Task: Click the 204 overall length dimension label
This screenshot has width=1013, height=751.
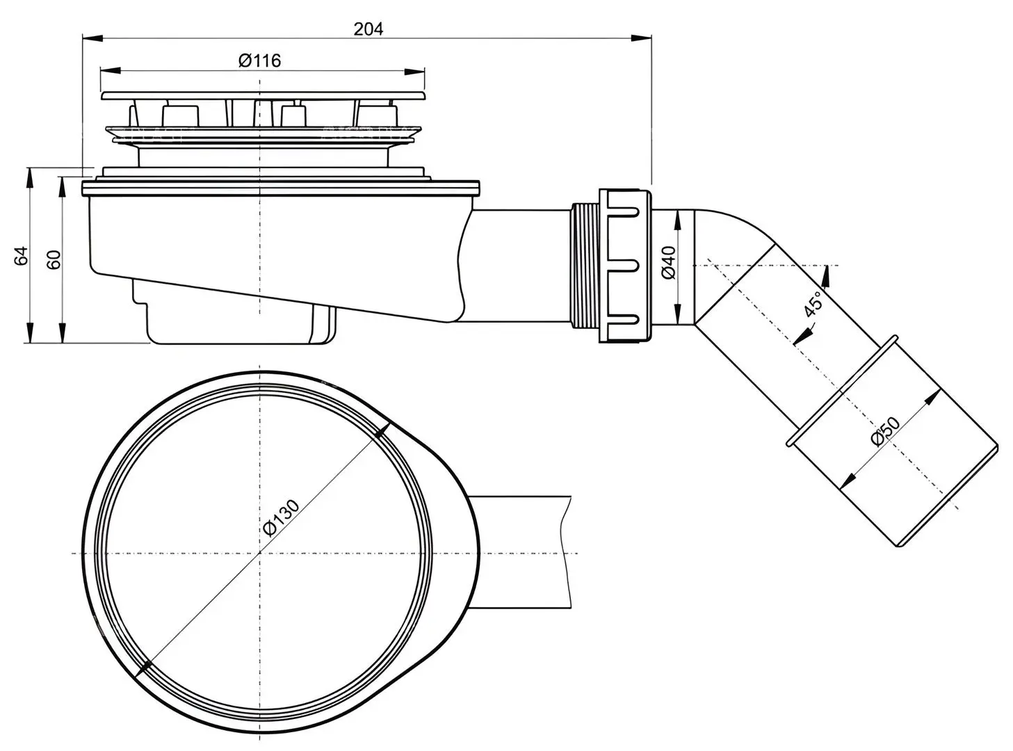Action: coord(368,29)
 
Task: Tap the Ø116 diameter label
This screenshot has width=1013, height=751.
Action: coord(259,60)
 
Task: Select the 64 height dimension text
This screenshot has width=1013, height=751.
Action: coord(21,256)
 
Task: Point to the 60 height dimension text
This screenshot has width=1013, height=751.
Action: coord(54,259)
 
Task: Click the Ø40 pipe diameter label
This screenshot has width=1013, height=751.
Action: coord(668,263)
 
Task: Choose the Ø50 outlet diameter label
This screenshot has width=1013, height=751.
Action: coord(885,431)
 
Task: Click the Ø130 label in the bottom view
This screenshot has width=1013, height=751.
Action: coord(282,517)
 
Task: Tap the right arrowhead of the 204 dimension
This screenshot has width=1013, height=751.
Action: coord(641,38)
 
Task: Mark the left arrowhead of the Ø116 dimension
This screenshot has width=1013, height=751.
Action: coord(111,71)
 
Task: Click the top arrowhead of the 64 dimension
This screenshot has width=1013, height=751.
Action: coord(30,178)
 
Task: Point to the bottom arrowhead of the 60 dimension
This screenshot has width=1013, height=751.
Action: coord(62,332)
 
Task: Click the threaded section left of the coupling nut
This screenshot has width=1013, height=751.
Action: coord(585,266)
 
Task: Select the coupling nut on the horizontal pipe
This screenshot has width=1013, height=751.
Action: coord(625,265)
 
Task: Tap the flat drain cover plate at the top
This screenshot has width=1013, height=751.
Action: coord(264,95)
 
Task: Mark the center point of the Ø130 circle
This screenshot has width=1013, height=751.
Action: coord(260,554)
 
